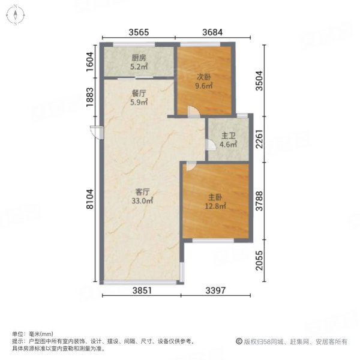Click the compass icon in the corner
pyautogui.click(x=16, y=16)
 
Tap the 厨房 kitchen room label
pyautogui.click(x=139, y=58)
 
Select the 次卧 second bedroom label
pyautogui.click(x=204, y=77)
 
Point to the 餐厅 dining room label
pyautogui.click(x=139, y=94)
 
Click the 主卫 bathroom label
pyautogui.click(x=229, y=136)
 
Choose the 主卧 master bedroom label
pyautogui.click(x=215, y=197)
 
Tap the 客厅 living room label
pyautogui.click(x=142, y=192)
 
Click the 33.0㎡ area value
pyautogui.click(x=142, y=201)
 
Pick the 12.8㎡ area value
pyautogui.click(x=215, y=206)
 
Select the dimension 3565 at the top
pyautogui.click(x=139, y=32)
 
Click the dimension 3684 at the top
pyautogui.click(x=212, y=32)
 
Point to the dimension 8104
pyautogui.click(x=90, y=199)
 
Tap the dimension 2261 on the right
pyautogui.click(x=259, y=139)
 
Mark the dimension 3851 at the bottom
pyautogui.click(x=142, y=290)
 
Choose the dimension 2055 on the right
pyautogui.click(x=259, y=260)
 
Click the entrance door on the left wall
pyautogui.click(x=97, y=132)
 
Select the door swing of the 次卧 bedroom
pyautogui.click(x=193, y=112)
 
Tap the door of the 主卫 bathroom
pyautogui.click(x=211, y=145)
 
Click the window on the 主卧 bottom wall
pyautogui.click(x=213, y=241)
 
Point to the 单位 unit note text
pyautogui.click(x=32, y=334)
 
